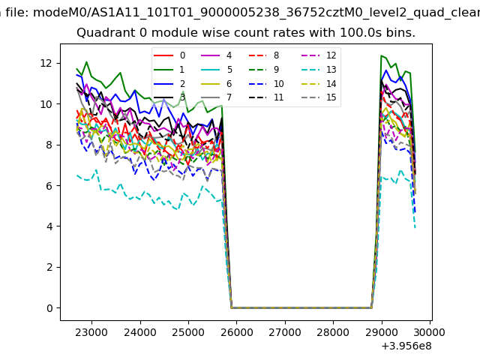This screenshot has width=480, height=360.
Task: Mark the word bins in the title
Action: [x=400, y=33]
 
